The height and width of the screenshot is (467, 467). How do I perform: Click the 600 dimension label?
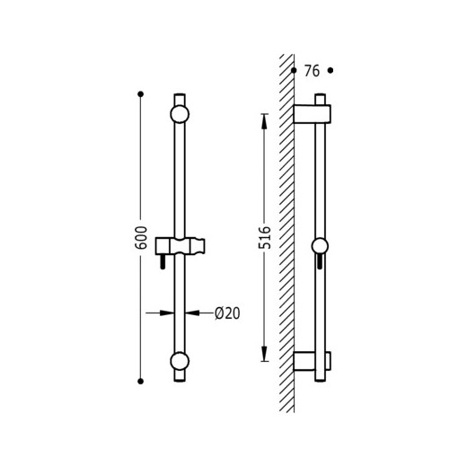tap(141, 238)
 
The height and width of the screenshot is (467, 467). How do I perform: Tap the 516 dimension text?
tap(265, 238)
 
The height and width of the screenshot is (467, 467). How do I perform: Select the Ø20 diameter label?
tap(227, 313)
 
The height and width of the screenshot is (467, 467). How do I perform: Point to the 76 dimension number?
tap(312, 71)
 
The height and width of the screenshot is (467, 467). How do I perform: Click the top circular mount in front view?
tap(180, 114)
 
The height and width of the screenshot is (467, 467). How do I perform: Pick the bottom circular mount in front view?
tap(180, 361)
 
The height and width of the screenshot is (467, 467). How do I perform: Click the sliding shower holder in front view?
tap(181, 246)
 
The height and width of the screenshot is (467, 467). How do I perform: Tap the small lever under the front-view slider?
tap(163, 261)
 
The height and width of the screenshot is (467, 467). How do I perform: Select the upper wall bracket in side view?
tap(312, 114)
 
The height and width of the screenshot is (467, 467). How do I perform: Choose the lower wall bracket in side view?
tap(312, 361)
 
